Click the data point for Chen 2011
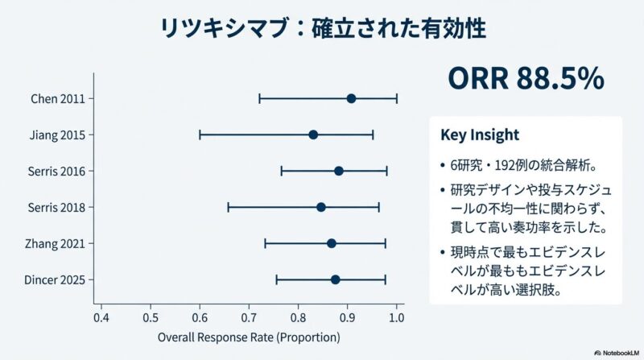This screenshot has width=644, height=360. coord(351,98)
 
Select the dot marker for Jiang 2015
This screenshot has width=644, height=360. coord(313,134)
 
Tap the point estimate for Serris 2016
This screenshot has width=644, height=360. coord(339,171)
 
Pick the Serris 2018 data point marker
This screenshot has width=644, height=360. coord(321,207)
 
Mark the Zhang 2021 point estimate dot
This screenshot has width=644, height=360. coord(332,243)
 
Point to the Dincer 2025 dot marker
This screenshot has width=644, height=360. coord(336,279)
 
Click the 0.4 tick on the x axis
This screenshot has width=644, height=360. coord(101,318)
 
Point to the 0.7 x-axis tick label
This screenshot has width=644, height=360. coord(249,318)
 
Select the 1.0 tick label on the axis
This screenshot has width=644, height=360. coord(396,318)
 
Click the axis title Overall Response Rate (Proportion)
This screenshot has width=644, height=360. coord(249,337)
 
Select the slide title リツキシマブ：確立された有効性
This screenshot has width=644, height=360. coord(322,29)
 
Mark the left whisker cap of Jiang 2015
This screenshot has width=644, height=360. coord(200,134)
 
